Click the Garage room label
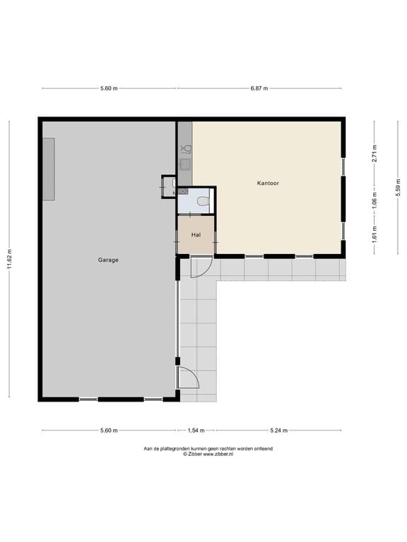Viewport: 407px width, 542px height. pos(108,260)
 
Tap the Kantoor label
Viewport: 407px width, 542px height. pos(268,183)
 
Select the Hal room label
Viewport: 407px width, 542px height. pos(196,235)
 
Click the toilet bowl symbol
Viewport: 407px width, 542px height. pos(203,201)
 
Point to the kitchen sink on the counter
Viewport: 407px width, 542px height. pos(186,164)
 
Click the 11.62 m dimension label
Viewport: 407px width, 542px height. pos(9,259)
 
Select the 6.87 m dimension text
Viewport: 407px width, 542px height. pos(259,88)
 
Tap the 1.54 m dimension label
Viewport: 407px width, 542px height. pos(196,430)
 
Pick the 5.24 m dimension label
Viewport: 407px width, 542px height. pos(278,430)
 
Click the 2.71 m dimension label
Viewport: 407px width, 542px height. pos(374,153)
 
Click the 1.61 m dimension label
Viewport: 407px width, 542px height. pos(374,234)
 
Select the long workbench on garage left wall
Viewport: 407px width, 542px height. pos(49,169)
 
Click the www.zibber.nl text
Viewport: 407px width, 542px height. pos(218,454)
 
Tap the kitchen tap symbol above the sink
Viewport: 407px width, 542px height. pos(186,150)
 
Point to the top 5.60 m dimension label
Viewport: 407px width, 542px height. pos(109,88)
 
